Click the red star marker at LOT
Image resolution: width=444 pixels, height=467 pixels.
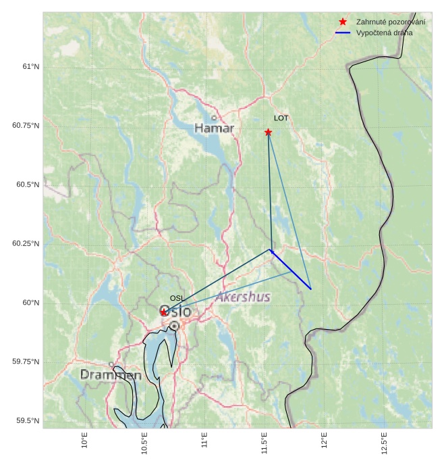[x=268, y=132]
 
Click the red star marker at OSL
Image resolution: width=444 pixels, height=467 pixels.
[x=164, y=312]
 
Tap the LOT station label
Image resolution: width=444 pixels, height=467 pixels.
[x=281, y=118]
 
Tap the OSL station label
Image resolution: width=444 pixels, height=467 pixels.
[x=177, y=298]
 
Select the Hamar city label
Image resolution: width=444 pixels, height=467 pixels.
[x=214, y=128]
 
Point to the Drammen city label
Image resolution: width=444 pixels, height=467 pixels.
[x=111, y=374]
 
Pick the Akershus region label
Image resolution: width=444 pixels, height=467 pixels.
[x=243, y=297]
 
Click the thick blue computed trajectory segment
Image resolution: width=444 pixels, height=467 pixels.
[x=291, y=270]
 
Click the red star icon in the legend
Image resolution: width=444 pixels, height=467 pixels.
[x=343, y=22]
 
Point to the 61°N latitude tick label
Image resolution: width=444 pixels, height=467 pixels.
[x=30, y=66]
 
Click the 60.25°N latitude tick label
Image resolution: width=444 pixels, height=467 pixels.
[x=26, y=243]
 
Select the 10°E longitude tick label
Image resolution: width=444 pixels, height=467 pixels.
[x=84, y=440]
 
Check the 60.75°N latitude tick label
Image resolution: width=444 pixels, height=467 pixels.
[x=26, y=126]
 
